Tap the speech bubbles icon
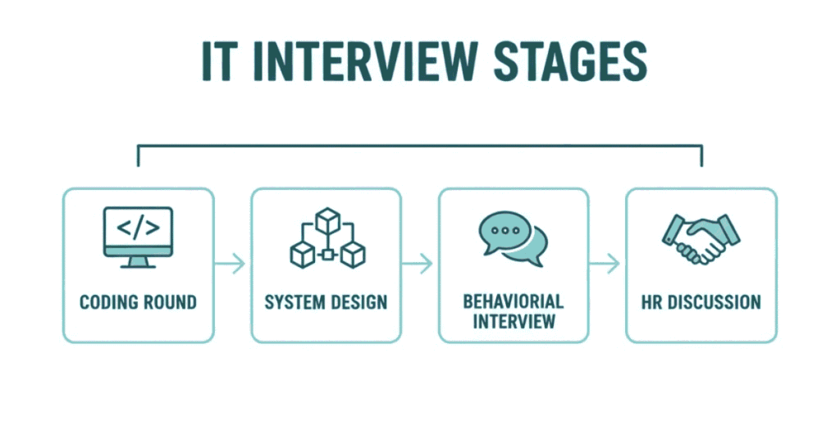pyautogui.click(x=514, y=238)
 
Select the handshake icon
pyautogui.click(x=700, y=238)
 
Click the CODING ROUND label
pyautogui.click(x=138, y=302)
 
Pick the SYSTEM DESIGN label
pyautogui.click(x=326, y=302)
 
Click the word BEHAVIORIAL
pyautogui.click(x=514, y=301)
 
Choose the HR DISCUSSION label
pyautogui.click(x=701, y=302)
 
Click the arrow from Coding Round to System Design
pyautogui.click(x=232, y=264)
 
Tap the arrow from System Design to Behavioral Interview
pyautogui.click(x=420, y=264)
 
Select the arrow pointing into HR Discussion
pyautogui.click(x=607, y=264)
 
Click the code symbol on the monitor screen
pyautogui.click(x=138, y=229)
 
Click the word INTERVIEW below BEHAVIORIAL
pyautogui.click(x=514, y=320)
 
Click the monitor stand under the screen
pyautogui.click(x=138, y=260)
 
